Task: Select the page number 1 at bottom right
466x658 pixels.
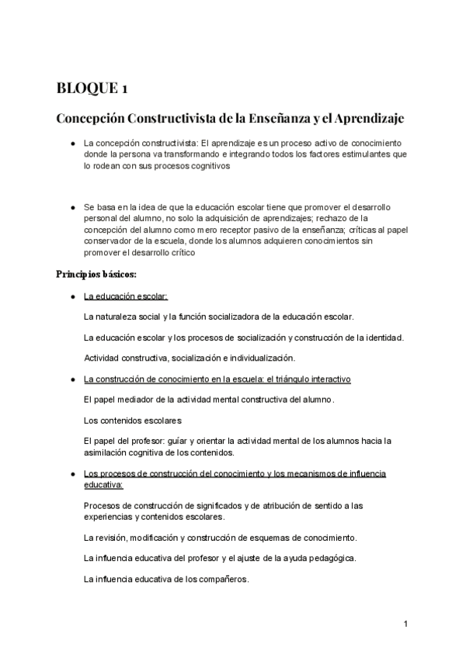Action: [x=406, y=624]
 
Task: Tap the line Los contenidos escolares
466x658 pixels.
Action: [x=132, y=420]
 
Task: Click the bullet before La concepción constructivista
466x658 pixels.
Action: [x=71, y=144]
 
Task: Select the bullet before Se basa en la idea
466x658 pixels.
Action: [x=71, y=208]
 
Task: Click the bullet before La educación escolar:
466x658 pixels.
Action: [x=71, y=296]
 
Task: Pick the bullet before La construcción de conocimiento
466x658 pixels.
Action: [x=71, y=379]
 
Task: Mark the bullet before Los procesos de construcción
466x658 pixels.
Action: [x=71, y=473]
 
